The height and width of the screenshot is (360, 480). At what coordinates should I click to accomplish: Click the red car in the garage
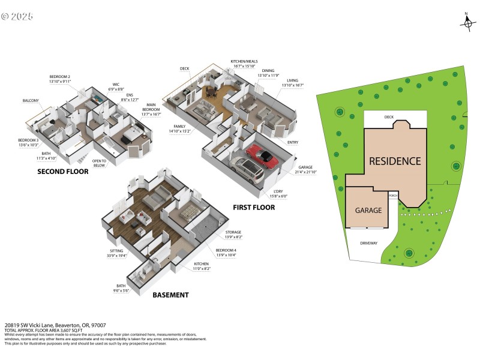(263, 154)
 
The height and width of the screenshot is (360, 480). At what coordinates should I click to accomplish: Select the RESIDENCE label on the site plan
(394, 161)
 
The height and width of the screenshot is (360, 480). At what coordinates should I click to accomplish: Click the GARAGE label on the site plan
(368, 211)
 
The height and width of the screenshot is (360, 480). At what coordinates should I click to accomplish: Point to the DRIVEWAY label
(368, 243)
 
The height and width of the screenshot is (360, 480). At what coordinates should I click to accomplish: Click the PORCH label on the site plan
(394, 196)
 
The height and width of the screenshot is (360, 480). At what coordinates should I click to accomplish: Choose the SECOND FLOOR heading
(62, 172)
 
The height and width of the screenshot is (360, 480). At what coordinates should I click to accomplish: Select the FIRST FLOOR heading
(254, 208)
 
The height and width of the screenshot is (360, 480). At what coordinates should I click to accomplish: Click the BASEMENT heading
(170, 295)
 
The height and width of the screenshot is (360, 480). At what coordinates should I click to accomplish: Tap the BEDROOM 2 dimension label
(60, 79)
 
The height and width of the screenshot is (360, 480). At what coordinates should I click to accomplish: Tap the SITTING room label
(116, 253)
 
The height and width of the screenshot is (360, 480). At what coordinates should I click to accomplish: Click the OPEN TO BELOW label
(99, 163)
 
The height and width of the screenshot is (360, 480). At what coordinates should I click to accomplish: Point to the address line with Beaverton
(47, 325)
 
